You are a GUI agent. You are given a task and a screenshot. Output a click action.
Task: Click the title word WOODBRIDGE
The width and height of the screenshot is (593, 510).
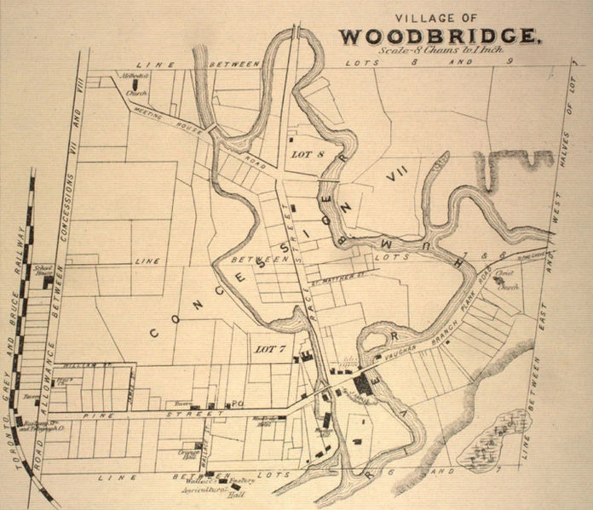(x=438, y=37)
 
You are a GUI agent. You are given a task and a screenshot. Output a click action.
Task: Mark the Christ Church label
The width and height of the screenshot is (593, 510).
(x=507, y=282)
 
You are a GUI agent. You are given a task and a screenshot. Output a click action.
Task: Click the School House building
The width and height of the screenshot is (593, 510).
(x=49, y=278)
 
